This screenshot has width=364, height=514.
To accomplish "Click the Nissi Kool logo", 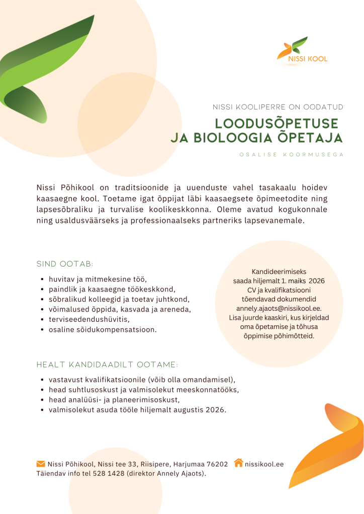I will [x=302, y=50].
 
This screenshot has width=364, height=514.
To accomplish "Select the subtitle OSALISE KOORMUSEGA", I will [x=292, y=155].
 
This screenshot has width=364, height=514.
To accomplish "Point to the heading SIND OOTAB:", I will [x=65, y=264].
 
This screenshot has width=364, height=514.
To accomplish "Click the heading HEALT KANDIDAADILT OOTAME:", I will [x=108, y=364].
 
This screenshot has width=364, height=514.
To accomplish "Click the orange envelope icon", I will [x=41, y=463].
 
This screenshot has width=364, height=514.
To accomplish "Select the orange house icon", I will [x=239, y=463].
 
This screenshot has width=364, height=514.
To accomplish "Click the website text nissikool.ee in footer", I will [x=264, y=464].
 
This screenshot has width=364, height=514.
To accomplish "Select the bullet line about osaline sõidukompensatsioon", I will [x=103, y=330].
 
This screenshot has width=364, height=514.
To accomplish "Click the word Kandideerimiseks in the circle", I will [x=279, y=271].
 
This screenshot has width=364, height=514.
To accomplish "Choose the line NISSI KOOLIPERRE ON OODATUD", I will [x=278, y=107].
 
